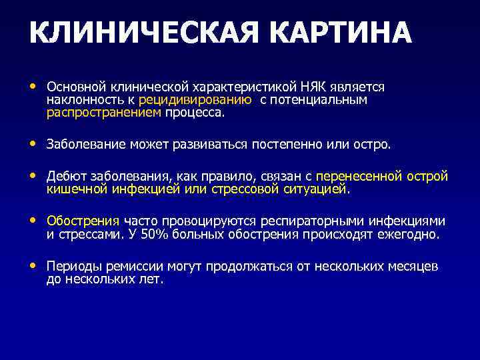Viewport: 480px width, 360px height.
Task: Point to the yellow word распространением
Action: coord(104,113)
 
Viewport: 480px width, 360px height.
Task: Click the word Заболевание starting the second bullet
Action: coord(83,145)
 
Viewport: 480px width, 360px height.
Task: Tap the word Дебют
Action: coord(65,177)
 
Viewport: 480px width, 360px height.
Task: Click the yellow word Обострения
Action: coord(83,221)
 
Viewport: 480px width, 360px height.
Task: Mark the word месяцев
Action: coord(413,266)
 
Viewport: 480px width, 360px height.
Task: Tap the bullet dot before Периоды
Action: coord(34,266)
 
